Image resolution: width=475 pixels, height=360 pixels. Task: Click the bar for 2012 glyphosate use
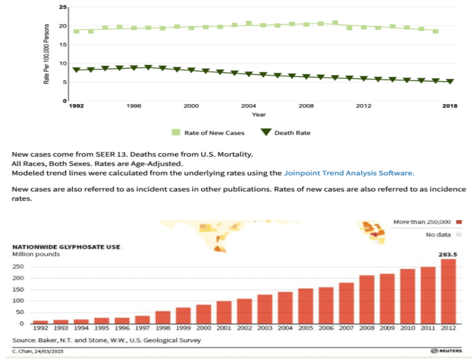(x=448, y=291)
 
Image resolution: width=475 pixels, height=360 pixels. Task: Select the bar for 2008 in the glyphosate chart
(x=367, y=299)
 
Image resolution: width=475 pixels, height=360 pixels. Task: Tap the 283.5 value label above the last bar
(x=447, y=255)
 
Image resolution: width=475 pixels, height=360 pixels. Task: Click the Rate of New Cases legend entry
(x=208, y=132)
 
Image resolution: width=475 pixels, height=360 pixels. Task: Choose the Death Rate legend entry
(x=286, y=132)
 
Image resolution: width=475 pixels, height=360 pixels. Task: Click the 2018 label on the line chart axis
(x=450, y=106)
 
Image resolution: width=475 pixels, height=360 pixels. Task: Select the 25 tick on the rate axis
(x=63, y=7)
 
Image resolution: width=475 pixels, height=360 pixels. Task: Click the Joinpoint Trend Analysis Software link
(x=349, y=173)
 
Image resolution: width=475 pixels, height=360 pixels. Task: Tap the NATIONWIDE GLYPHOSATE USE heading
(x=66, y=247)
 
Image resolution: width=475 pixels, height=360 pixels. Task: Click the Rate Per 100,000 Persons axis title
(x=47, y=53)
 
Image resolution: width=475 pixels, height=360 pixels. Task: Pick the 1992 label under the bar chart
(x=41, y=328)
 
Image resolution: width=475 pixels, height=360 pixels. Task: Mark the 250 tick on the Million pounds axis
(x=18, y=267)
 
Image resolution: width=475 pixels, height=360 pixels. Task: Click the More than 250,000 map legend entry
(x=426, y=222)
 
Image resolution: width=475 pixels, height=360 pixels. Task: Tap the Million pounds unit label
(x=36, y=254)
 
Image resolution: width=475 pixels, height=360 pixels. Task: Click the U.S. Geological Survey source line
(x=107, y=340)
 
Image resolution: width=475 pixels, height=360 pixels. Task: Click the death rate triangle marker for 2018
(x=450, y=82)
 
